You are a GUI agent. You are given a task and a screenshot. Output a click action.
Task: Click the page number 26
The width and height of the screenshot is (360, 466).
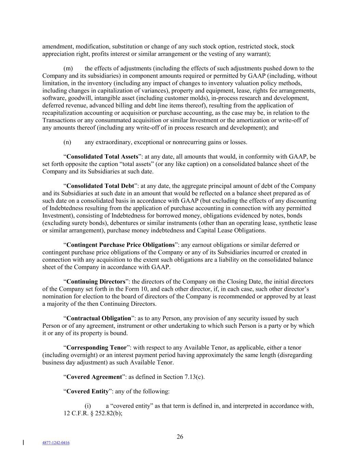(x=180, y=437)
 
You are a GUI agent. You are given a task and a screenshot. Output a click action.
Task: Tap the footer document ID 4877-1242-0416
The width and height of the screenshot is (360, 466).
(x=56, y=443)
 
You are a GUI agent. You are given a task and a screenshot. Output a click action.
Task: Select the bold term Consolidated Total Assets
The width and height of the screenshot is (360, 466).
(x=102, y=157)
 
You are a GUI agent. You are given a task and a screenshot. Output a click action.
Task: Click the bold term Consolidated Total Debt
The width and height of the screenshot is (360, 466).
(x=100, y=186)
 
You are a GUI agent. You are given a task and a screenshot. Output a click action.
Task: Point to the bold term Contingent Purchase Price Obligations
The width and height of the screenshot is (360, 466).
(x=120, y=245)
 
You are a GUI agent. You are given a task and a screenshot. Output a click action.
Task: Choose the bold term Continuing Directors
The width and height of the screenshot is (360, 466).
(x=96, y=282)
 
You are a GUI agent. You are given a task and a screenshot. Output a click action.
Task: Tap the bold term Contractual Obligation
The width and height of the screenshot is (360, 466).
(x=99, y=318)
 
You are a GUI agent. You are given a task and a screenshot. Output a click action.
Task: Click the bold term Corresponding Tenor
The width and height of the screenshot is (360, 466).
(x=96, y=348)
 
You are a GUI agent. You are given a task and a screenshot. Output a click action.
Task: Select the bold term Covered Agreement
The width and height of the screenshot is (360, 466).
(x=94, y=377)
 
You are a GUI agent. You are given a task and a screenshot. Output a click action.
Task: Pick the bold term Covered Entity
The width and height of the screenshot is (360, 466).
(x=87, y=391)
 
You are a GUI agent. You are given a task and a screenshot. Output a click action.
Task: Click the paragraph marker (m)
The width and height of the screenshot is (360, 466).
(x=68, y=69)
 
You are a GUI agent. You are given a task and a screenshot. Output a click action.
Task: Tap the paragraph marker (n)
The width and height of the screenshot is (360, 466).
(x=67, y=142)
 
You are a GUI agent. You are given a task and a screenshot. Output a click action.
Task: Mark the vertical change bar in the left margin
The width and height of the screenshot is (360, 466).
(x=23, y=442)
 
